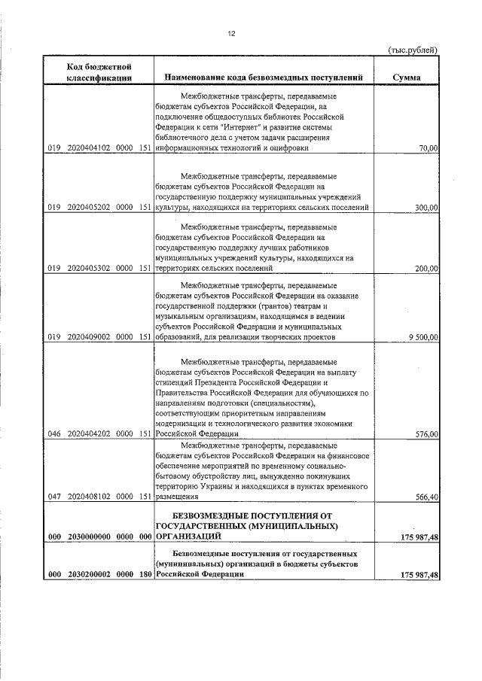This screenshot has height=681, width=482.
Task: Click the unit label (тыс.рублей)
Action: [x=412, y=50]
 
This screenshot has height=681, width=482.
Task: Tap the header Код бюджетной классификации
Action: [x=99, y=72]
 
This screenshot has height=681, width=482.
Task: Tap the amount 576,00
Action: [x=426, y=434]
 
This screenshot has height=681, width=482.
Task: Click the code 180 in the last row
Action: [x=145, y=576]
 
